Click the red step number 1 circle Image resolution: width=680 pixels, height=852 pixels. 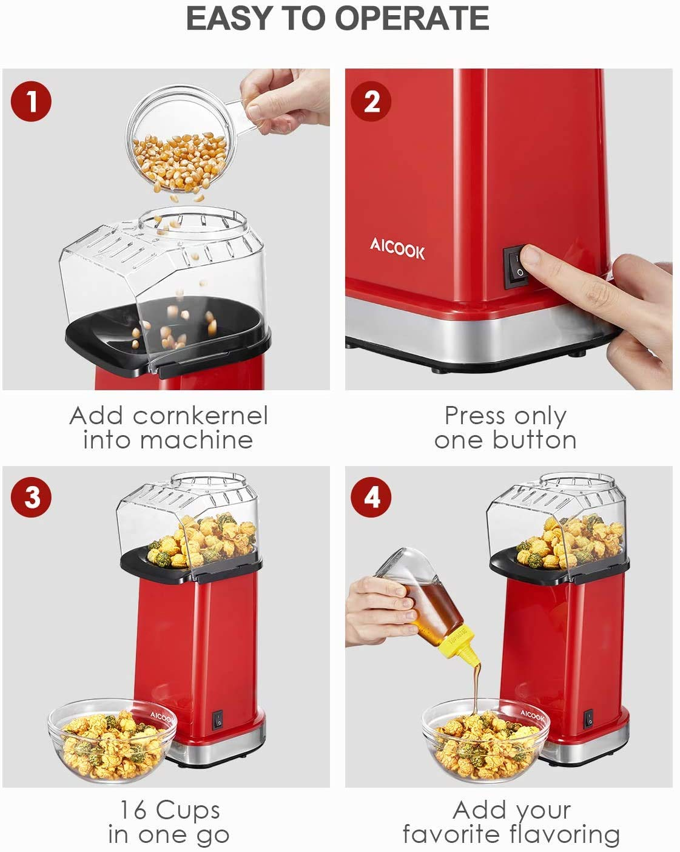click(x=31, y=101)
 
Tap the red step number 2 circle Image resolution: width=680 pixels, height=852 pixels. click(x=371, y=101)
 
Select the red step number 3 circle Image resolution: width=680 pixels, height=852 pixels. click(x=31, y=497)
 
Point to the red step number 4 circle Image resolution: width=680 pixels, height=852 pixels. click(x=371, y=497)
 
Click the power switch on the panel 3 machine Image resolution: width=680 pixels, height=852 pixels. click(x=218, y=719)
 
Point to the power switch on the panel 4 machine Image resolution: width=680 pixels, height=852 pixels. click(x=588, y=719)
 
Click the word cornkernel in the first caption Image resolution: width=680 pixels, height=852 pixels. click(x=200, y=416)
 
